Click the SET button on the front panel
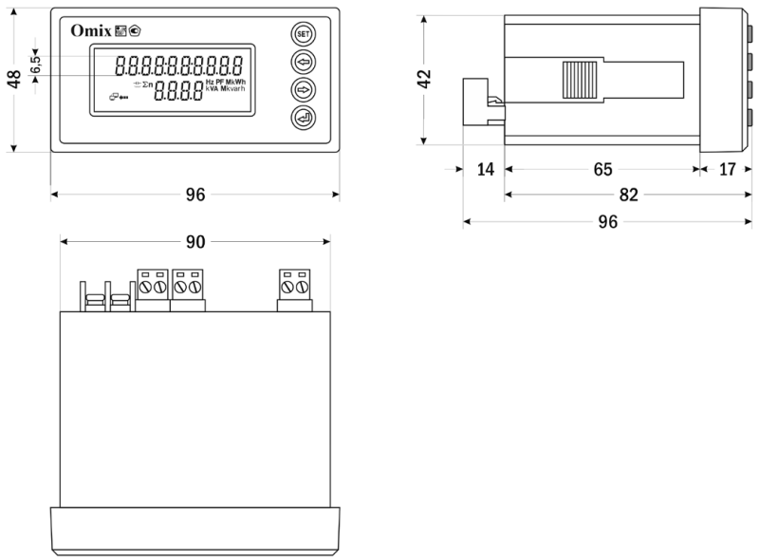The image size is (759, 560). tap(303, 34)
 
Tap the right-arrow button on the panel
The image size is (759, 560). tap(303, 91)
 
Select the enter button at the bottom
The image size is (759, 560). tap(303, 120)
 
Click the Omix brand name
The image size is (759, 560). tap(91, 30)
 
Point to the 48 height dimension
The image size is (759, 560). tap(14, 79)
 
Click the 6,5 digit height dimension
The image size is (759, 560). tap(34, 65)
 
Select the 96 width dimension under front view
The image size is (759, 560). tap(194, 195)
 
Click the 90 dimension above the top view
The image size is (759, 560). tap(194, 242)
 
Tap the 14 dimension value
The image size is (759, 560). tap(485, 170)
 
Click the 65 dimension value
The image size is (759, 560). tap(602, 170)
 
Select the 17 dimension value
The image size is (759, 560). tap(728, 170)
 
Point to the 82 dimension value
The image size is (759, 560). tap(627, 196)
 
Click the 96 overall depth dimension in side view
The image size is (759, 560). tap(607, 221)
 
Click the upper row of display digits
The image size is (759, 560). tap(176, 66)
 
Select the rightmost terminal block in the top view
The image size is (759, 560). tap(295, 290)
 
